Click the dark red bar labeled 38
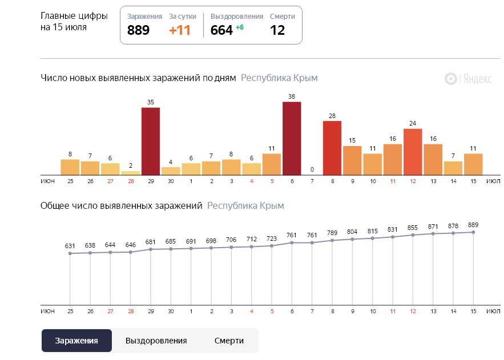(x=292, y=138)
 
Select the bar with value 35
(x=151, y=141)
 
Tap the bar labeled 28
(x=332, y=148)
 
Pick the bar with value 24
(x=413, y=152)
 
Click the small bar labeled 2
(x=130, y=172)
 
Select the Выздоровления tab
(x=156, y=341)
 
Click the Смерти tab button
(x=229, y=341)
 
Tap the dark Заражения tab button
(x=76, y=341)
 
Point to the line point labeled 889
(x=473, y=232)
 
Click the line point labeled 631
(x=70, y=253)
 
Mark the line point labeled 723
(x=272, y=246)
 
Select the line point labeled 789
(x=332, y=241)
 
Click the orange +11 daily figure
(x=180, y=30)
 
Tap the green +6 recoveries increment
(x=240, y=27)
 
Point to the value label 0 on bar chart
(x=312, y=169)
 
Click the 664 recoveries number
(x=221, y=30)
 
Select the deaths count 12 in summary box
(x=277, y=30)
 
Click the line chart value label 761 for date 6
(x=292, y=234)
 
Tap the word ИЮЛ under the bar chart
(x=493, y=181)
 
